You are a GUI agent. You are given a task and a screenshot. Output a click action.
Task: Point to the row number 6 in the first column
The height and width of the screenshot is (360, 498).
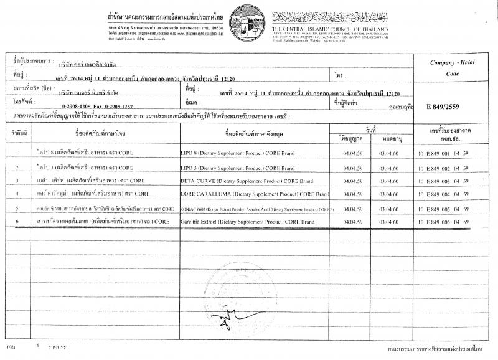click(x=16, y=221)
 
